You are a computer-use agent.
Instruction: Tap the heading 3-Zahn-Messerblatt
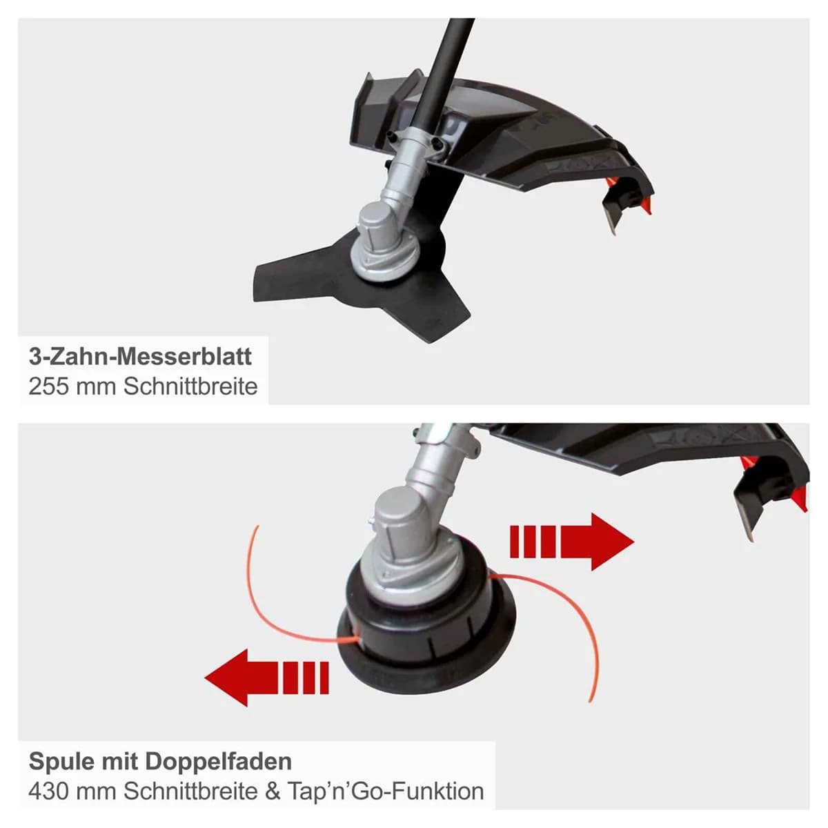pos(140,357)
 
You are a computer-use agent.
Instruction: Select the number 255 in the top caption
pos(48,386)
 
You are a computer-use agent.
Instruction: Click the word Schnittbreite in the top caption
pos(190,386)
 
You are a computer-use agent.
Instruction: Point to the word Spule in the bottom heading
pos(59,762)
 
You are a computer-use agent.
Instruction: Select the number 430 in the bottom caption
pos(48,791)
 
